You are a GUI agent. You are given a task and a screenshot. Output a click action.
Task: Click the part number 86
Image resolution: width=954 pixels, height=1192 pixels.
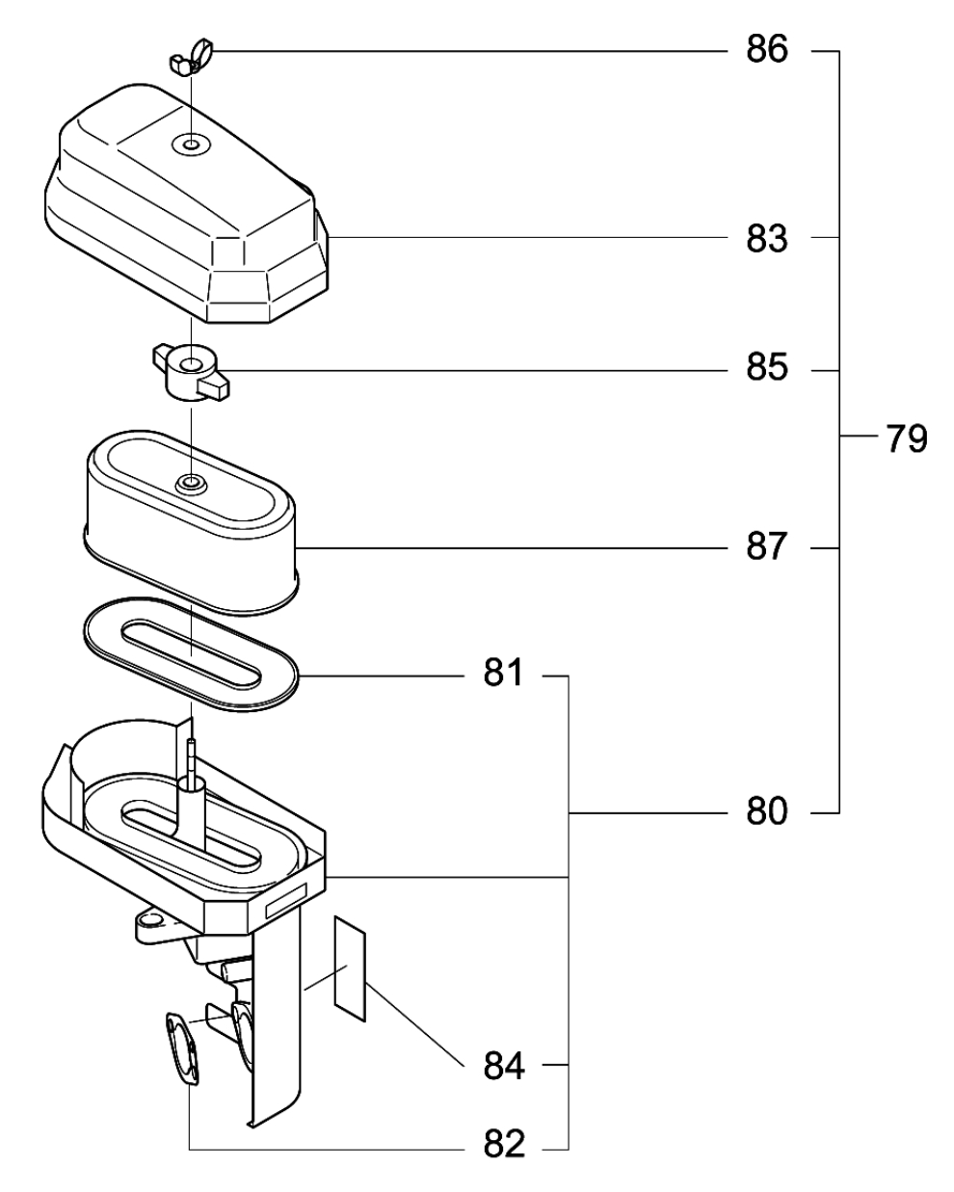(766, 49)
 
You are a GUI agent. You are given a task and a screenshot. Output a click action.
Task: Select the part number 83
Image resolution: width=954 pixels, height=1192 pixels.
(766, 239)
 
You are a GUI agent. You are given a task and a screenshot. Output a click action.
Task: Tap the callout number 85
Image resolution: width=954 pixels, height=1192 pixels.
(766, 367)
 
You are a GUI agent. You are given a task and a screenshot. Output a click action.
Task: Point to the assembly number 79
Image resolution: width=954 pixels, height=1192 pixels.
(907, 439)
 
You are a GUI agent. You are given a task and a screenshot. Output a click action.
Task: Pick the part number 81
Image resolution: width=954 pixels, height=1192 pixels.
(503, 673)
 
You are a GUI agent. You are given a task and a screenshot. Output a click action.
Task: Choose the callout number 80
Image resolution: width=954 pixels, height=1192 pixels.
(766, 811)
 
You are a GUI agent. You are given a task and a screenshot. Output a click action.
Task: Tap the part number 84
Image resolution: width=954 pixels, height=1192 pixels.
(504, 1067)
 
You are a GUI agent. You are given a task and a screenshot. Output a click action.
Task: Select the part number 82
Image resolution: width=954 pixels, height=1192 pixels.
(504, 1144)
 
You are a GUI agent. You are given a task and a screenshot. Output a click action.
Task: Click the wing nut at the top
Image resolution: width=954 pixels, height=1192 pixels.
(191, 58)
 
